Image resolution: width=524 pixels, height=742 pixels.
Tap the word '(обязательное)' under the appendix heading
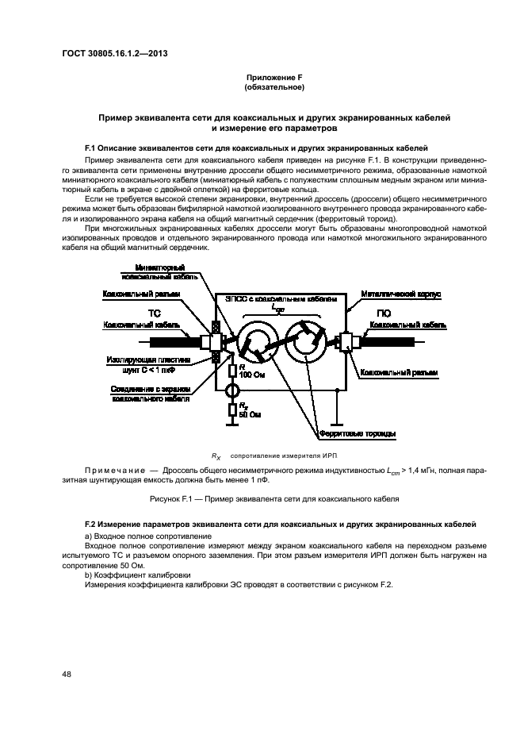pyautogui.click(x=275, y=87)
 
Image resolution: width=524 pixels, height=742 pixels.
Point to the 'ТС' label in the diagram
pyautogui.click(x=156, y=313)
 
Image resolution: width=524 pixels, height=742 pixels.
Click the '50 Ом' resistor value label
pyautogui.click(x=250, y=414)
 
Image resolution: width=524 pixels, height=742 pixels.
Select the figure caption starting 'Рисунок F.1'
pyautogui.click(x=273, y=498)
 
